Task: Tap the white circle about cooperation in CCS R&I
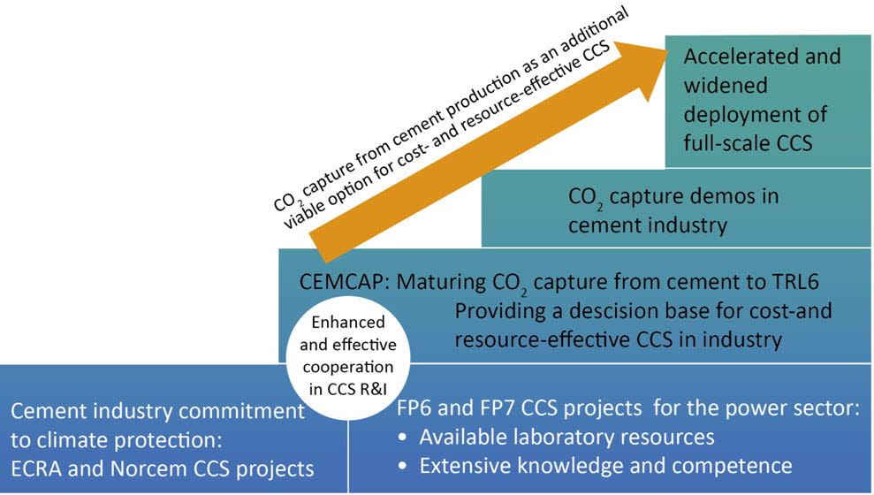pyautogui.click(x=348, y=358)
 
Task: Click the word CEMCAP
pyautogui.click(x=342, y=281)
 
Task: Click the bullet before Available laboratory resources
pyautogui.click(x=403, y=438)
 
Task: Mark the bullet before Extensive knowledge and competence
pyautogui.click(x=403, y=467)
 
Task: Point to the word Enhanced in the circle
pyautogui.click(x=348, y=323)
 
